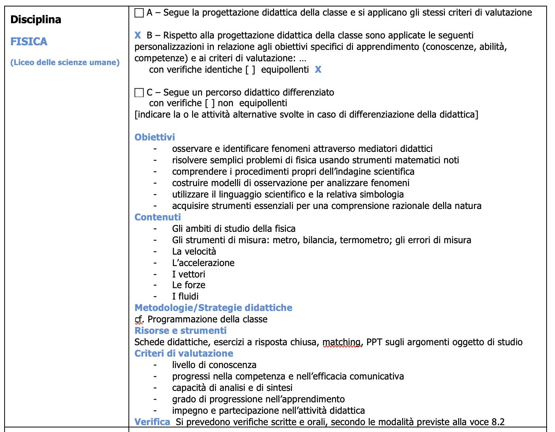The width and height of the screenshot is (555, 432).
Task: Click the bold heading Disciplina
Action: pos(36,19)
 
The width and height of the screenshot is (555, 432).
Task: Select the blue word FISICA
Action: pos(29,41)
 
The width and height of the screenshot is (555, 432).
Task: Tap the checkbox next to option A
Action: pos(139,13)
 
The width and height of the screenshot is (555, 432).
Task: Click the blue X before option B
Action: pos(138,35)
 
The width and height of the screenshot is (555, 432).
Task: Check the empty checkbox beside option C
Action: pos(139,92)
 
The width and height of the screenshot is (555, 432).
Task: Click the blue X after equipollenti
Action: pos(318,70)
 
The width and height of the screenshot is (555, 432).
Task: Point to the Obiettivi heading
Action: pos(155,137)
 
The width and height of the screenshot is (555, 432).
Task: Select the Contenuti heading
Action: pos(157,217)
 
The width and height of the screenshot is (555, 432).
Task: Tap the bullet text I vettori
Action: pos(189,274)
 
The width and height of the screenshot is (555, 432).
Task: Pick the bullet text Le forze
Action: pos(189,285)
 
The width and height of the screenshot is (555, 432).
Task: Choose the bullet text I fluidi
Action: pos(185,297)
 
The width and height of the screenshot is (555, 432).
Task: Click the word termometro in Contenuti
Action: pos(365,240)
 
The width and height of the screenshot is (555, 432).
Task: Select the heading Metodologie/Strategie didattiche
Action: pos(213,308)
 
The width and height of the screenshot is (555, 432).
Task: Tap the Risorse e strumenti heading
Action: pos(180,331)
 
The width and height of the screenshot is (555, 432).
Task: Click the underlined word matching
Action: pos(342,342)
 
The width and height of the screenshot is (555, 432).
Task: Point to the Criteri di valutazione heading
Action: pos(184,354)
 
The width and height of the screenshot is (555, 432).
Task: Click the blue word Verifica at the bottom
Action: pos(152,422)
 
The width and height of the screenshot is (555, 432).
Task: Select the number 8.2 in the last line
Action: pos(498,422)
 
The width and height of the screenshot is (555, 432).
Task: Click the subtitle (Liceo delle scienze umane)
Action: pos(65,62)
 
